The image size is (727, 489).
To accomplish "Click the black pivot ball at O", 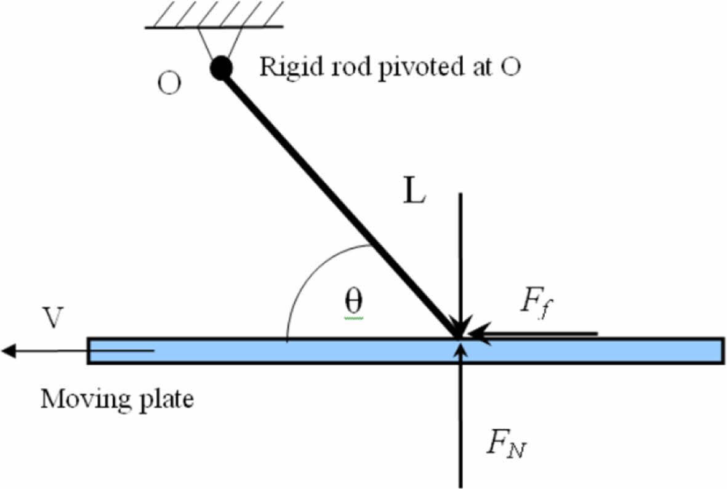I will pos(221,68).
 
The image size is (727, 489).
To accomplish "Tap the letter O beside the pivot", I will pos(169,84).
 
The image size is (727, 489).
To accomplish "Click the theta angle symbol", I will pos(353,301).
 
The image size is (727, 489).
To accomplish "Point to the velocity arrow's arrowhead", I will pos(9,351).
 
